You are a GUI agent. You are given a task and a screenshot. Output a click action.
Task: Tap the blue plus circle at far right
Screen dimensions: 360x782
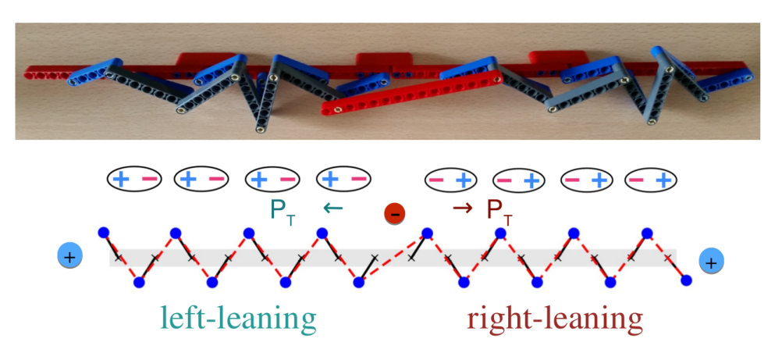pyautogui.click(x=711, y=263)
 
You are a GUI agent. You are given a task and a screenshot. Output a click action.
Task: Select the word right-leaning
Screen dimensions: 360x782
pyautogui.click(x=555, y=319)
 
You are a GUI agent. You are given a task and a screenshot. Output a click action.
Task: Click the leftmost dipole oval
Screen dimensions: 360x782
pyautogui.click(x=133, y=179)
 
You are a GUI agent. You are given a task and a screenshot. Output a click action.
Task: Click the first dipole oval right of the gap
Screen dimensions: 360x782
pyautogui.click(x=450, y=180)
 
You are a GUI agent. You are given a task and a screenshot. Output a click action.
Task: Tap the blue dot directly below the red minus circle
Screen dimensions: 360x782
pyautogui.click(x=426, y=233)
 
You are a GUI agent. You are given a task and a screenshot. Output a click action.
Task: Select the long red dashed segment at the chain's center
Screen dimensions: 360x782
pyautogui.click(x=393, y=256)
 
